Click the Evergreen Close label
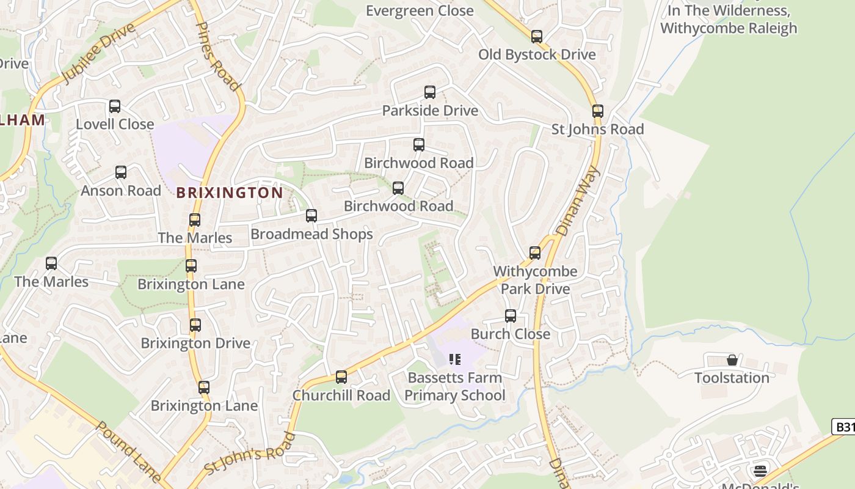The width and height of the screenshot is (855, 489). tap(420, 10)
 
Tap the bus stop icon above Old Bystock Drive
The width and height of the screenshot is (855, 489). tap(536, 37)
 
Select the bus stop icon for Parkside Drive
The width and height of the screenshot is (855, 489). tap(429, 92)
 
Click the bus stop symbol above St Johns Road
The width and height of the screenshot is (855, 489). tap(597, 111)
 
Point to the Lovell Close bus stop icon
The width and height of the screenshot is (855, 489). tap(114, 106)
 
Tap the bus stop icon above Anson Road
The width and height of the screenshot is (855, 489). tap(120, 172)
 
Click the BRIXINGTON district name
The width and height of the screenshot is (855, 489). tap(230, 193)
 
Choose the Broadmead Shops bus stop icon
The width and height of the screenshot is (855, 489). tap(311, 216)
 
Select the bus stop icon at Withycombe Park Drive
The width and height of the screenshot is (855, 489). tap(534, 253)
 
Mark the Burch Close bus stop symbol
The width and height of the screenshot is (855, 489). tap(510, 316)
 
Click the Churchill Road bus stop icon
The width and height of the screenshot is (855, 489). tap(341, 377)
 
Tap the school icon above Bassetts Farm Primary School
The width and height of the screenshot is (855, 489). tap(454, 359)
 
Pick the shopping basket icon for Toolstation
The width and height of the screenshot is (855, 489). tap(732, 360)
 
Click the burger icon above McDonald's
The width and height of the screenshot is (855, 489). tap(760, 471)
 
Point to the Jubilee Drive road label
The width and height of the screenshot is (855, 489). tap(98, 53)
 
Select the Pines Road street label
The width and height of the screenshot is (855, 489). tap(217, 56)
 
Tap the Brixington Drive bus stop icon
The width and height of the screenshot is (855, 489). tap(195, 325)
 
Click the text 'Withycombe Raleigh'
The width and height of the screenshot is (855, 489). tap(729, 28)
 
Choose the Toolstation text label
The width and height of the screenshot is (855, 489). tap(732, 378)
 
